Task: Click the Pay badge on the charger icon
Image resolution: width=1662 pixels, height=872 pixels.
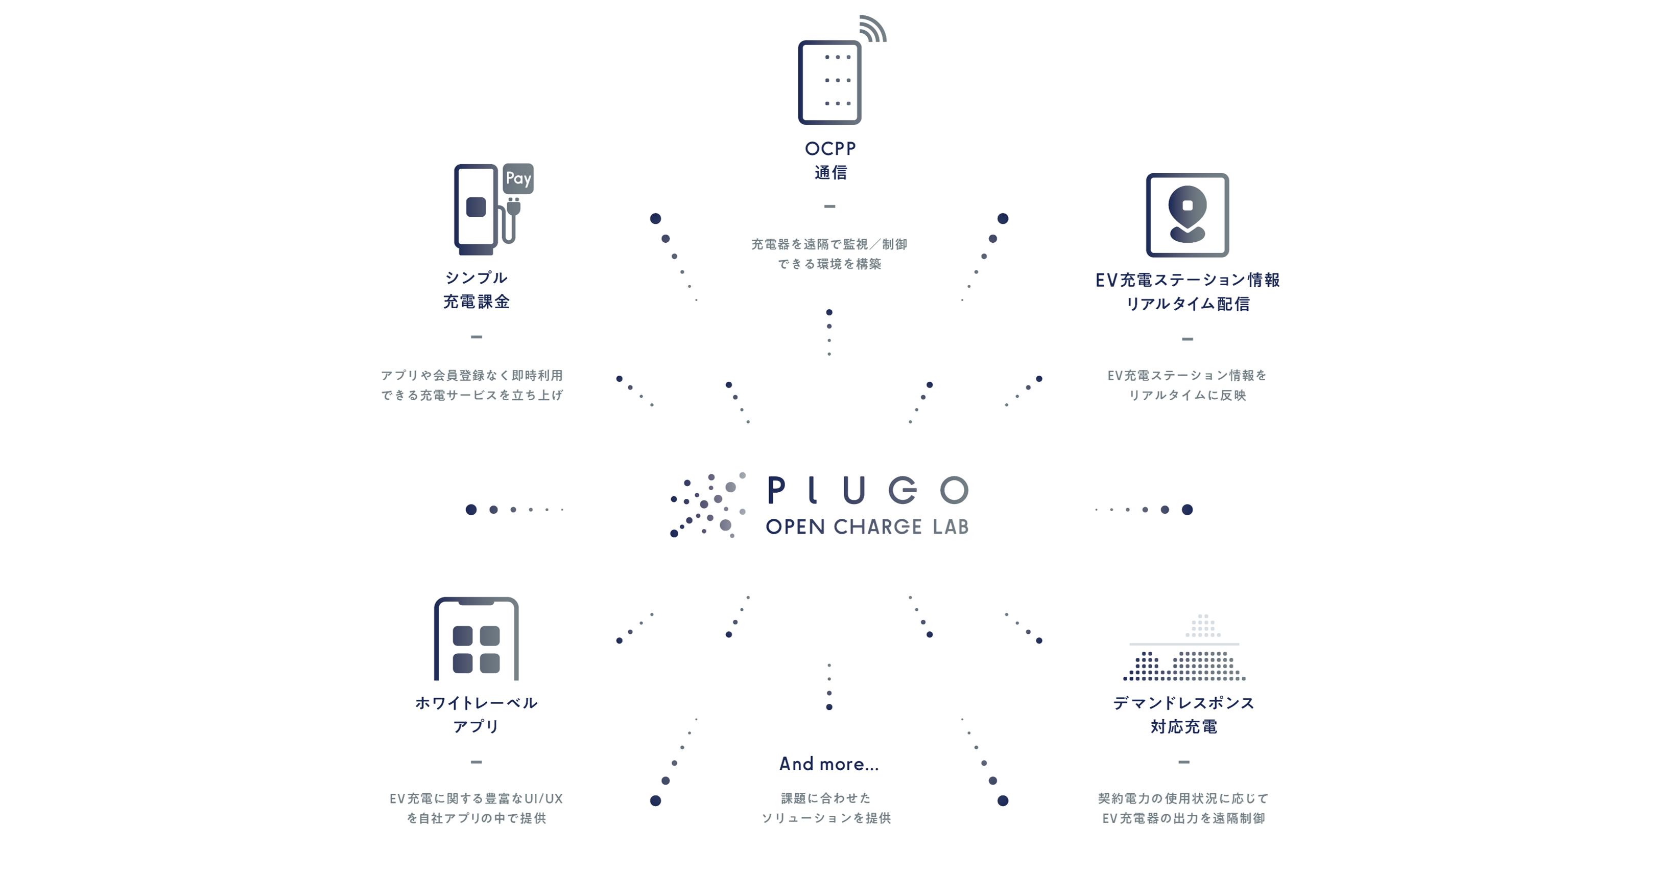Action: (518, 178)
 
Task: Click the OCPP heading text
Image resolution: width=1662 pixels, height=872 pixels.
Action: (829, 148)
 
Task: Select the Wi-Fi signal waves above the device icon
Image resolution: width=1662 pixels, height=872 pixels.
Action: (872, 29)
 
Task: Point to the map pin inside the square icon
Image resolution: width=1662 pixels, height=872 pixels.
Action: (1187, 213)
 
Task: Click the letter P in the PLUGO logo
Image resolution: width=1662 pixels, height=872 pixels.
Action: (776, 491)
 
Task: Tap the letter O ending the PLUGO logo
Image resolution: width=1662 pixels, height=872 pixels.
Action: (954, 491)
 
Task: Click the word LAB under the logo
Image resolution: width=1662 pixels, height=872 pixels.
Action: (951, 526)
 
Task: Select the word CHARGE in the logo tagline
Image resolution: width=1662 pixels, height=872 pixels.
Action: (877, 526)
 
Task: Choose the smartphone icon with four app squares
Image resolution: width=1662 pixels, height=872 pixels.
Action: (476, 639)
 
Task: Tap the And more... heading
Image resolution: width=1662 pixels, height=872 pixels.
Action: (829, 764)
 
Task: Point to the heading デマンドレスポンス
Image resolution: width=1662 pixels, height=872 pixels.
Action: (1184, 703)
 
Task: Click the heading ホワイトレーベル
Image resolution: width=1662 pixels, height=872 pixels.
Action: (476, 703)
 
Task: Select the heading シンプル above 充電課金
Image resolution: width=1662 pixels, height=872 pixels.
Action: (476, 278)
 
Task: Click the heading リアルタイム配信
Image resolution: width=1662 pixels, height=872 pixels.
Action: (1187, 304)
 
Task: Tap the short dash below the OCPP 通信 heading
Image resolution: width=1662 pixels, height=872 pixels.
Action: (829, 206)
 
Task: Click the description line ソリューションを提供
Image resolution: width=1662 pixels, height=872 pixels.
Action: (826, 818)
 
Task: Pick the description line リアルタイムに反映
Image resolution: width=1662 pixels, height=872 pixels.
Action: (1187, 395)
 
